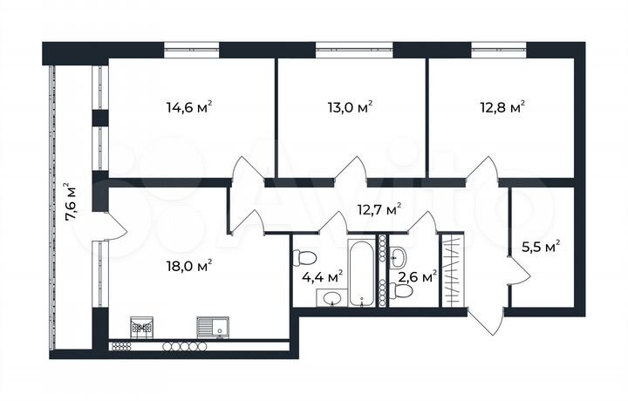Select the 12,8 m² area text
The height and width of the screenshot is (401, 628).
tap(501, 108)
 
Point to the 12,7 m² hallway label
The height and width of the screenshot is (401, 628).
tap(379, 209)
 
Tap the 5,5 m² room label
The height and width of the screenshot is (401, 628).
tap(539, 247)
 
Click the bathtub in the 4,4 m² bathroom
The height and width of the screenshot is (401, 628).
tap(361, 273)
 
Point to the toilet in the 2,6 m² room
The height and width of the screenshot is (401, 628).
tap(398, 255)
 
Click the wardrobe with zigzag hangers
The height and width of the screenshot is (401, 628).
tap(452, 270)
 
